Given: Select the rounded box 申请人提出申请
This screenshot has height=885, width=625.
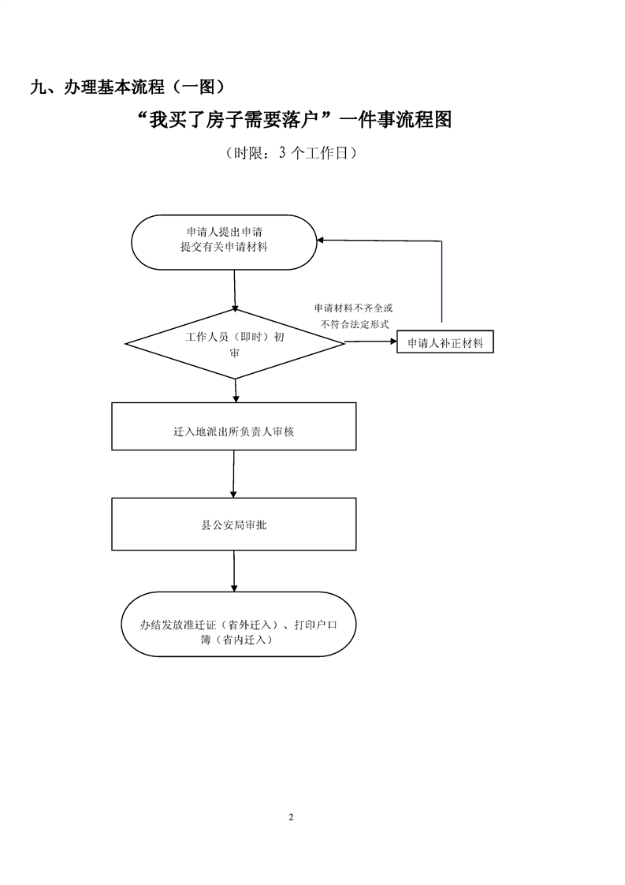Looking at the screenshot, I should (224, 241).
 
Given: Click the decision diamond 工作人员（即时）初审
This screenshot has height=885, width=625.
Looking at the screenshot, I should (235, 344).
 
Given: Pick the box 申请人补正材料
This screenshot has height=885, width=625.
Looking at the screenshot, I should (445, 343).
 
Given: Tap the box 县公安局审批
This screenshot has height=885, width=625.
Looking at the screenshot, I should (233, 524).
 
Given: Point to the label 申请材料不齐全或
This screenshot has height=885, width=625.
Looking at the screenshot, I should (353, 307).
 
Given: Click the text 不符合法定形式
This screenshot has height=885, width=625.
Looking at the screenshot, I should (355, 323).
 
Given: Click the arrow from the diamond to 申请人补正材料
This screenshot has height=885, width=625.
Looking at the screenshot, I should (370, 342).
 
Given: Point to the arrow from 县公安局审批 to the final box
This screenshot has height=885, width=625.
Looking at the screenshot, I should (234, 569).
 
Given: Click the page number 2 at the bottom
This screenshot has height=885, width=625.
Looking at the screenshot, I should (291, 816).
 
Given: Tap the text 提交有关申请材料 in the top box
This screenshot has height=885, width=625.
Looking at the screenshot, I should (224, 248).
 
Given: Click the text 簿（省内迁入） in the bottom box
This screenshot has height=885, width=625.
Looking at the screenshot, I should (237, 640).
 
